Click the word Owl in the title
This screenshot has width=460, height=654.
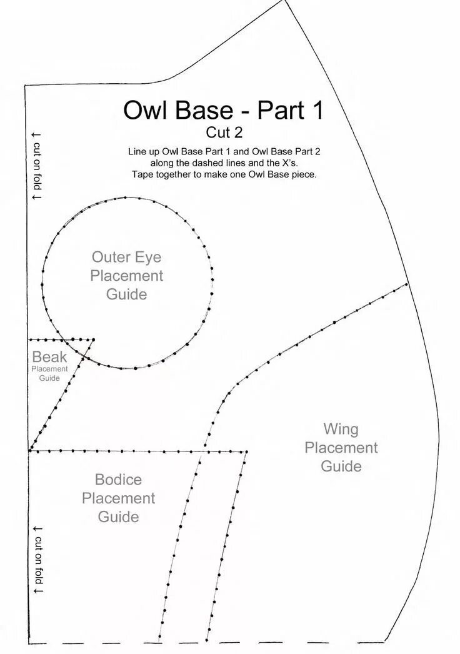[x=146, y=110]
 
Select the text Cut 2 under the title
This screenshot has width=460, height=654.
[x=224, y=133]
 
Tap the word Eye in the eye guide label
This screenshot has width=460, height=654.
[x=151, y=257]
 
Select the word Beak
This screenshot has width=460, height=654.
[x=49, y=358]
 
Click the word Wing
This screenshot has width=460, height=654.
[x=341, y=429]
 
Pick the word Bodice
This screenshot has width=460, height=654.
[x=118, y=480]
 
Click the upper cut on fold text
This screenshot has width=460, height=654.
[x=36, y=166]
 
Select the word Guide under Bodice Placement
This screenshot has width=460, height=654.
[x=118, y=517]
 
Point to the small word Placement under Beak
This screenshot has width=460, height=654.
[x=49, y=369]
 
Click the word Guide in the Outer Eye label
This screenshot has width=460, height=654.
[x=126, y=294]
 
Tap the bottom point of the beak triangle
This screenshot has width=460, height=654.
[x=29, y=450]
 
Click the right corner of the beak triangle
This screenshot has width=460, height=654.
[x=93, y=340]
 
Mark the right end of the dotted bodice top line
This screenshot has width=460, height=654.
[x=247, y=451]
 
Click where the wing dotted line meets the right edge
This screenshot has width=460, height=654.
[x=407, y=284]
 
